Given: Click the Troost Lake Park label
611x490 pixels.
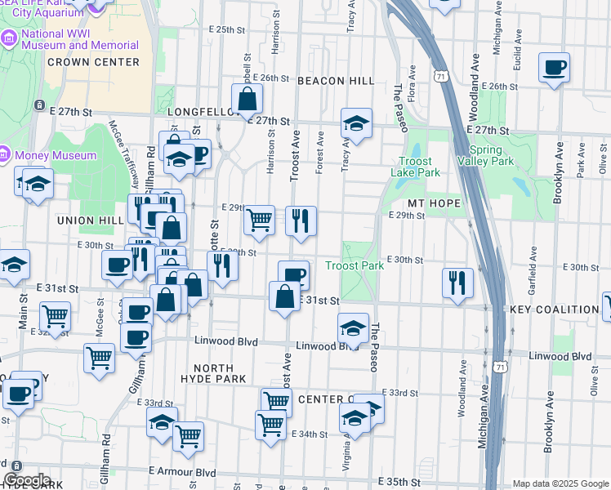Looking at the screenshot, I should click(x=421, y=167).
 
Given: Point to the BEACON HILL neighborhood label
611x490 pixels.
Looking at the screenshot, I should click(x=335, y=81).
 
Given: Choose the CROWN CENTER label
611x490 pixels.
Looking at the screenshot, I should click(x=93, y=61).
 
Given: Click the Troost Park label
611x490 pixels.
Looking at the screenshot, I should click(x=355, y=265).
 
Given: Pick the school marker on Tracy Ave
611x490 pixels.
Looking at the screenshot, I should click(x=356, y=123).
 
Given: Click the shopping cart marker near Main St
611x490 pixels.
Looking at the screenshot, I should click(x=55, y=316).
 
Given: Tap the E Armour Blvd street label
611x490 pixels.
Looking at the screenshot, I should click(x=181, y=472).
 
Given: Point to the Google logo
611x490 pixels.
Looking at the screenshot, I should click(x=27, y=480).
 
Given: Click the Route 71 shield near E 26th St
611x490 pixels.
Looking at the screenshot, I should click(x=441, y=76).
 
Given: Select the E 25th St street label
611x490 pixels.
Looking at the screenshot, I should click(x=226, y=29).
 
